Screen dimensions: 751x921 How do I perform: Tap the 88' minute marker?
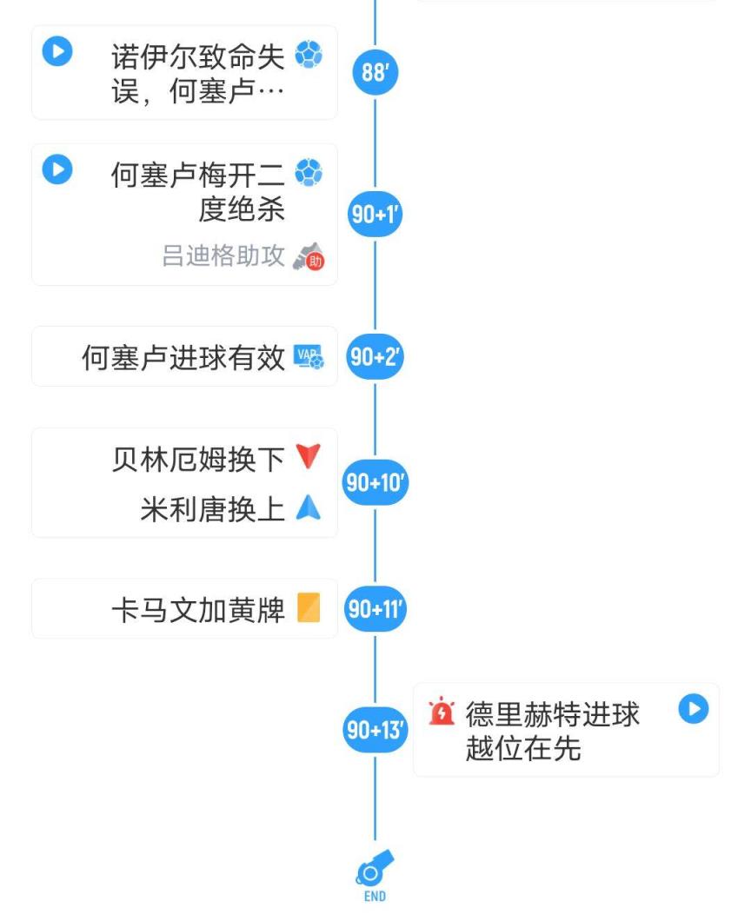pyautogui.click(x=375, y=72)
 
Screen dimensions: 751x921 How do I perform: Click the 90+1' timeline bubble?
pyautogui.click(x=375, y=214)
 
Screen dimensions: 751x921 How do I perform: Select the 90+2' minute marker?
pyautogui.click(x=375, y=356)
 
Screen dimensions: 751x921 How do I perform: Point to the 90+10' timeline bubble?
pyautogui.click(x=375, y=482)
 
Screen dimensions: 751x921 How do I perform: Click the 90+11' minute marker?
pyautogui.click(x=375, y=609)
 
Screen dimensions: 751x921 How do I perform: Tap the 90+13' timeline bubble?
pyautogui.click(x=375, y=730)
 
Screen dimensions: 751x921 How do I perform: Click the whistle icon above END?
pyautogui.click(x=375, y=867)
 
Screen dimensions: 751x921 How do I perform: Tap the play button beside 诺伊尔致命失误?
pyautogui.click(x=57, y=51)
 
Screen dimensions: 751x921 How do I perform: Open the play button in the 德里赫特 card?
pyautogui.click(x=694, y=709)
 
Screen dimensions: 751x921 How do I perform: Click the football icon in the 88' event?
pyautogui.click(x=309, y=55)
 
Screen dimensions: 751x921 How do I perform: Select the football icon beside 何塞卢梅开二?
pyautogui.click(x=309, y=173)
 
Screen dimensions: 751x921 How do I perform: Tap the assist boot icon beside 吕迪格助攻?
pyautogui.click(x=309, y=256)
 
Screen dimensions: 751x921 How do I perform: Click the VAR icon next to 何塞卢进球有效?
pyautogui.click(x=309, y=356)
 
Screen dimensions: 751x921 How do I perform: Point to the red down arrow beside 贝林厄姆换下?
pyautogui.click(x=309, y=457)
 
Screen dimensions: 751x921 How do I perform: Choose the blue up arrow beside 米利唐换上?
pyautogui.click(x=309, y=507)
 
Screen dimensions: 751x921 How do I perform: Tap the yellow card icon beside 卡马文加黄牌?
pyautogui.click(x=309, y=607)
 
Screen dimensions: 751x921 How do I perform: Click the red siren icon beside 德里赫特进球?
pyautogui.click(x=442, y=712)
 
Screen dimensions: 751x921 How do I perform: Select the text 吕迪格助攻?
pyautogui.click(x=223, y=256)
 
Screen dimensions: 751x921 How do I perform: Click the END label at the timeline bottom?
pyautogui.click(x=375, y=897)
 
